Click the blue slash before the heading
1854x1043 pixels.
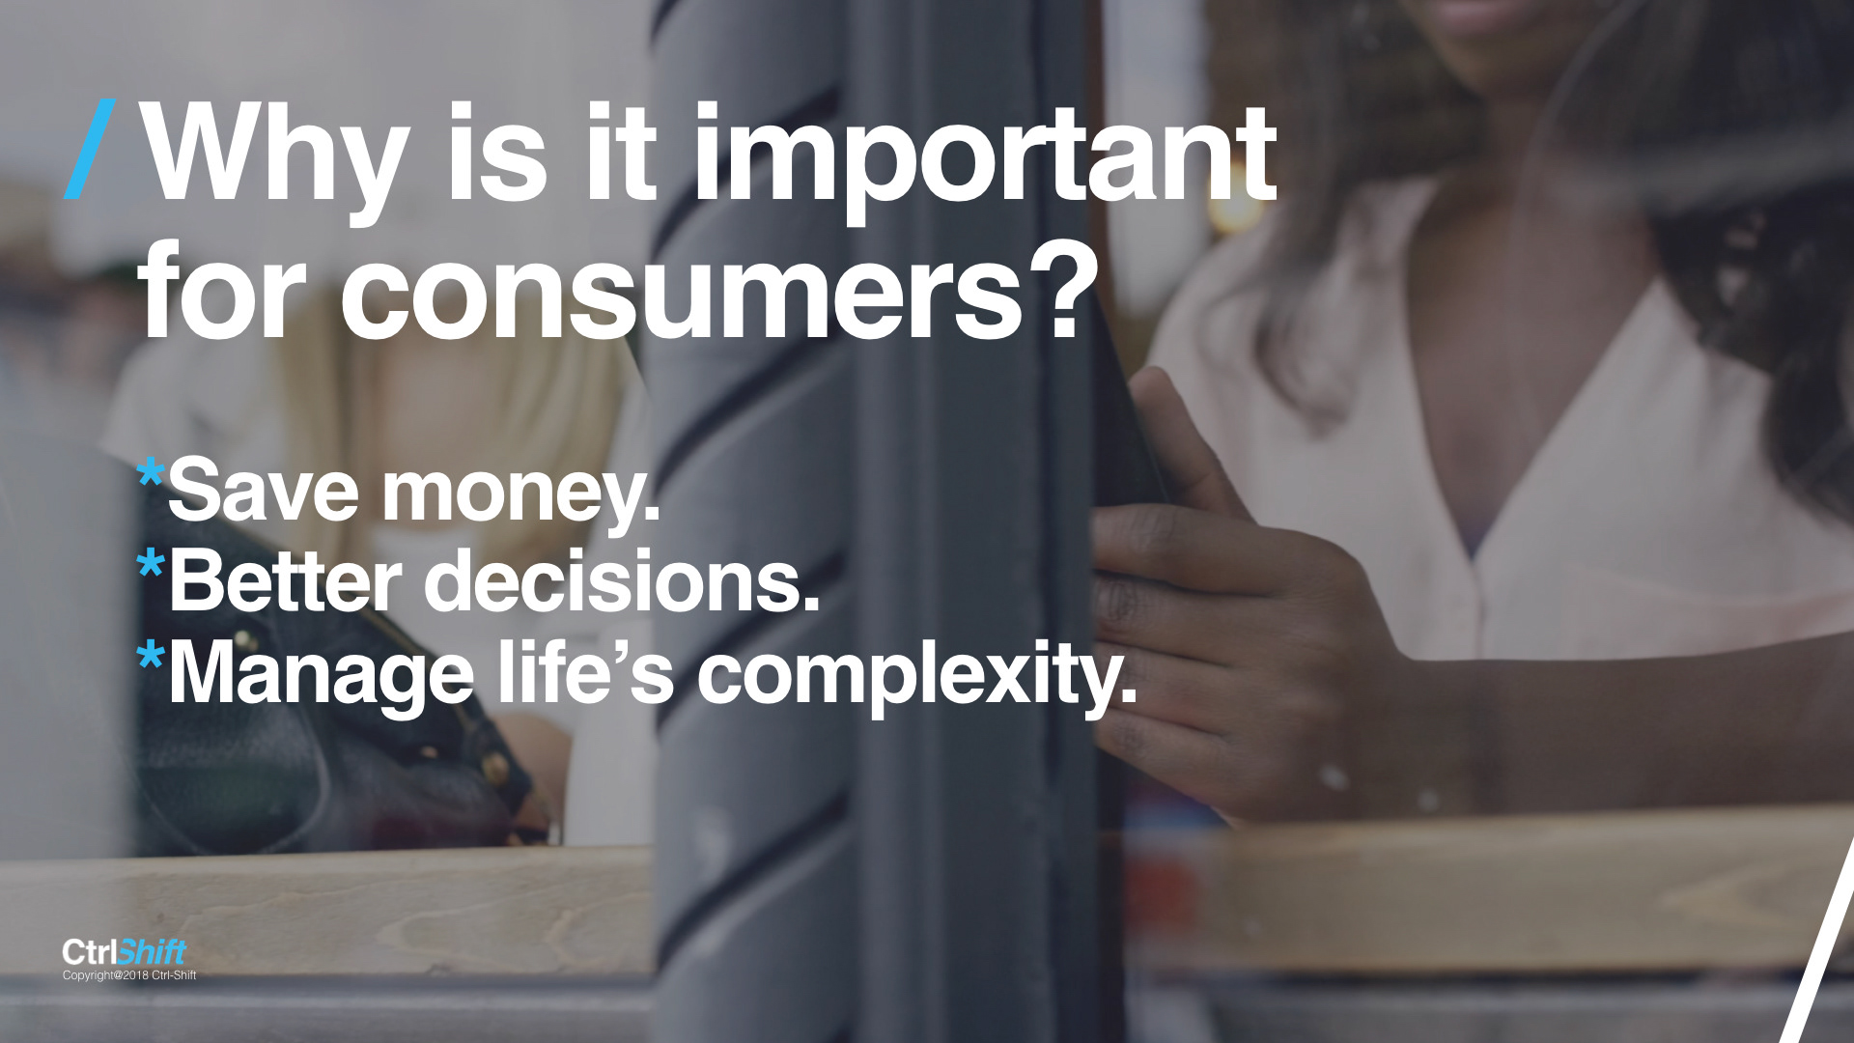click(x=91, y=150)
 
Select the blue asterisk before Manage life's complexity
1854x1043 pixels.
click(x=152, y=658)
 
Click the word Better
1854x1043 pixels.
click(x=286, y=580)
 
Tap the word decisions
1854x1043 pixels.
click(x=622, y=580)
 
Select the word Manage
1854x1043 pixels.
click(x=322, y=677)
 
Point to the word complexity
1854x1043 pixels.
click(x=917, y=677)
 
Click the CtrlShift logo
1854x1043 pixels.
click(x=124, y=953)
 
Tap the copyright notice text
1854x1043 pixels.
click(x=129, y=975)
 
